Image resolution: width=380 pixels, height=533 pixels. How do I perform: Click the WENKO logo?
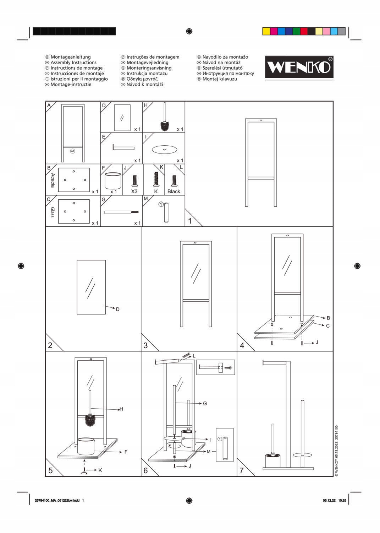[299, 68]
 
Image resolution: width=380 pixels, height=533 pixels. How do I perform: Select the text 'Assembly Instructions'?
[73, 63]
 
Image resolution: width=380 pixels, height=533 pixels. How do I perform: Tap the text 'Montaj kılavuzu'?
[220, 79]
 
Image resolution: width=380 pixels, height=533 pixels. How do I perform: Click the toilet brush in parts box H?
[164, 117]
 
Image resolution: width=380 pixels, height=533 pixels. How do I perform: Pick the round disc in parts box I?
[164, 150]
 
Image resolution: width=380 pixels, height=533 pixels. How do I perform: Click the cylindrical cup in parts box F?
[112, 181]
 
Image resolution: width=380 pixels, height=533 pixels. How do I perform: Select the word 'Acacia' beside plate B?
[53, 180]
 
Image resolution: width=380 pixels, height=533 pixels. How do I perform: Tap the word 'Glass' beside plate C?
[53, 212]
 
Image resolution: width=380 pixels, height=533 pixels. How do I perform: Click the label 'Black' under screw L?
[174, 192]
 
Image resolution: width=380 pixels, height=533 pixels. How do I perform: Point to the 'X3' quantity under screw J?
[134, 192]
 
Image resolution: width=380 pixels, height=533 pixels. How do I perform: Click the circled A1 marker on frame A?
[73, 151]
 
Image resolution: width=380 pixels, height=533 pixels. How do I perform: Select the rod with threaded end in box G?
[121, 212]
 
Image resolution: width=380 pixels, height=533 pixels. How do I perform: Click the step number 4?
[242, 345]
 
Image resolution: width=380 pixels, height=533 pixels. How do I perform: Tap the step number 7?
[242, 470]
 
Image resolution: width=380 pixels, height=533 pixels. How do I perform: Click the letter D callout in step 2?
[118, 309]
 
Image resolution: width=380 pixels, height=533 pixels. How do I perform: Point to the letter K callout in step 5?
[100, 470]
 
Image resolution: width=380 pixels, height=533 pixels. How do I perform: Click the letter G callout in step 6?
[205, 404]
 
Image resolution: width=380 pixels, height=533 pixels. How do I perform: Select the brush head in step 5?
[90, 420]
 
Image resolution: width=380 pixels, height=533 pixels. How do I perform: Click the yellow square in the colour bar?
[266, 31]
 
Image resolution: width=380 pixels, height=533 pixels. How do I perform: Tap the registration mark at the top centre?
[189, 31]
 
